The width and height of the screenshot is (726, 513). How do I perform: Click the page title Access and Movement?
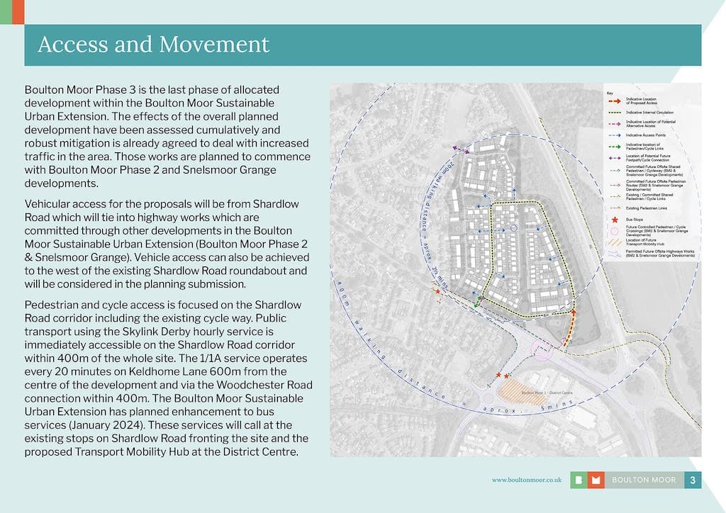pos(153,45)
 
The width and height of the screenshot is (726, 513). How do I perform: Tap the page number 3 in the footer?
pos(693,480)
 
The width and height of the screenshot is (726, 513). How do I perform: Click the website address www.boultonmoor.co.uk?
pos(527,480)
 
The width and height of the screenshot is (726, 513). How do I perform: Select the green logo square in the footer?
pos(579,480)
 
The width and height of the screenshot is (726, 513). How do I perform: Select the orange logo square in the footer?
pos(596,480)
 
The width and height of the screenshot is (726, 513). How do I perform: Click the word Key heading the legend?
pos(609,93)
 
